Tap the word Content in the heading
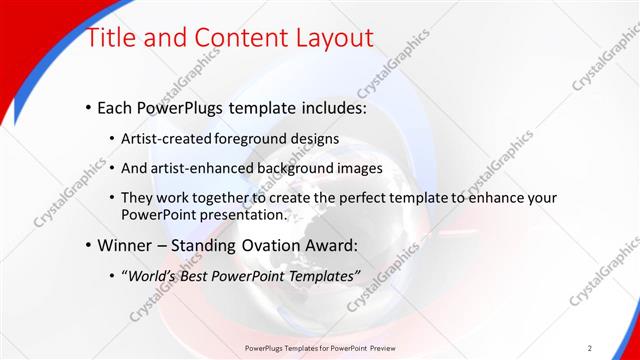coord(225,38)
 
